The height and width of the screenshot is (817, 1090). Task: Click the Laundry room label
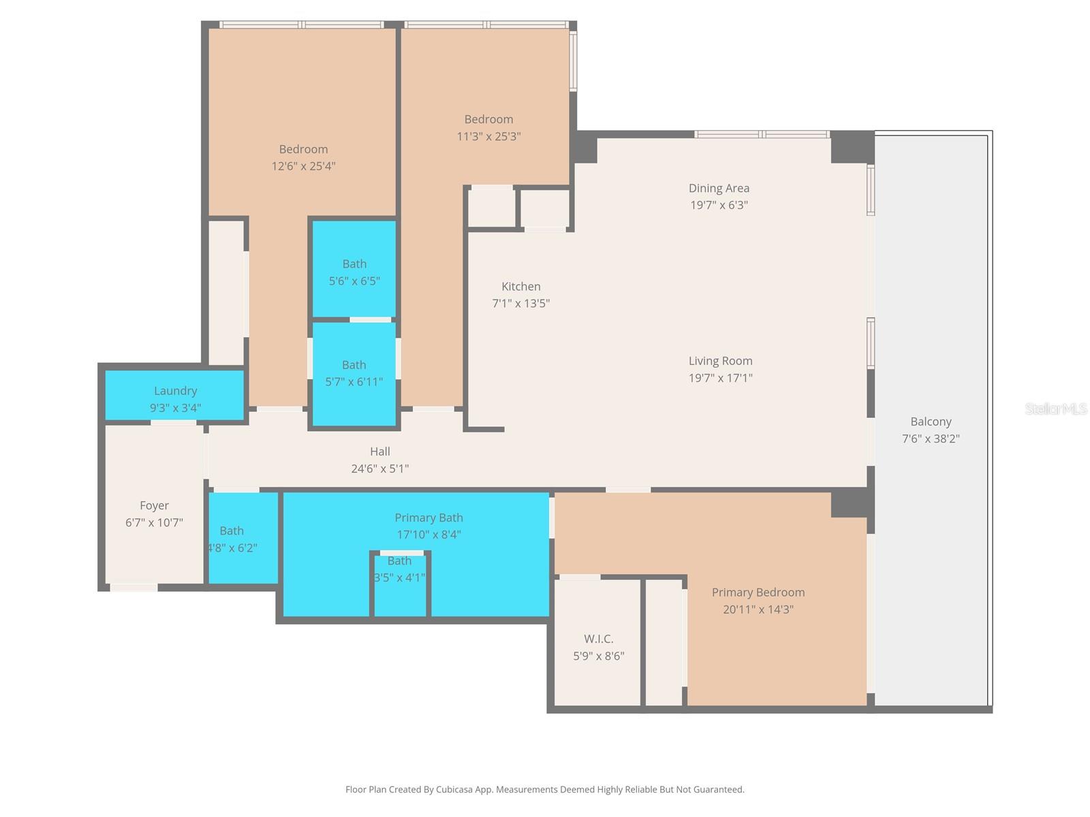click(x=175, y=391)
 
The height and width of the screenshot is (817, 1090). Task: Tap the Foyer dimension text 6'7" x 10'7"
click(x=154, y=523)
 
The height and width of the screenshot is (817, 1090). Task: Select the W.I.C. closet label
click(x=598, y=639)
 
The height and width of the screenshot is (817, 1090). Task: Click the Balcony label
click(x=931, y=421)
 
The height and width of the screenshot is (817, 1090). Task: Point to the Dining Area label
click(x=719, y=188)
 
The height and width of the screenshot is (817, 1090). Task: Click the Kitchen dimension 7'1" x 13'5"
click(x=520, y=304)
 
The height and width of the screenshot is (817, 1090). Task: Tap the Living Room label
click(x=720, y=361)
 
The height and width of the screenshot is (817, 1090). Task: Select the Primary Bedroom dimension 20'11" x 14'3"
click(x=758, y=609)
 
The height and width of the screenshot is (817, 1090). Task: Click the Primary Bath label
click(x=429, y=517)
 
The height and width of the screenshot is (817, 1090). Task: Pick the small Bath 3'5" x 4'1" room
click(x=400, y=586)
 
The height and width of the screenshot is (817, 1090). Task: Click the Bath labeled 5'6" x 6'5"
click(x=354, y=272)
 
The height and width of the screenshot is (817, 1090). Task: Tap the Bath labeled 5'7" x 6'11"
click(x=354, y=373)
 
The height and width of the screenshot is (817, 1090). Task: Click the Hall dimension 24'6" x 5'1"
click(x=379, y=468)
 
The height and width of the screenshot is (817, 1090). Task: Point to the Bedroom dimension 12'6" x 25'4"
click(x=303, y=166)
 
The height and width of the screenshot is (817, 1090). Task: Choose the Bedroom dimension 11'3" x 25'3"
click(x=488, y=136)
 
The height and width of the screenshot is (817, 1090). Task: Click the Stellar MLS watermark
click(x=1055, y=408)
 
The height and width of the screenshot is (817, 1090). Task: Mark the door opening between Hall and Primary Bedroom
click(x=627, y=490)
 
